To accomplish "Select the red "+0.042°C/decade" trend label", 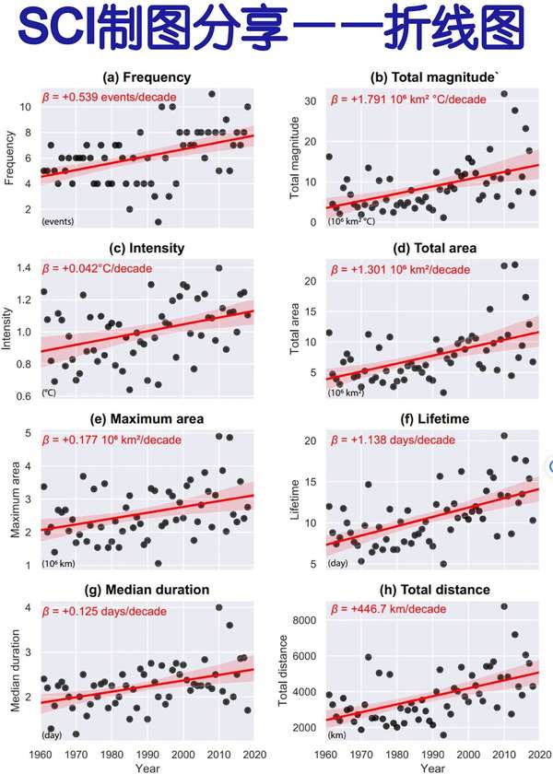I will tap(103, 268).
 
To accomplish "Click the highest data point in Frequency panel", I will tap(212, 94).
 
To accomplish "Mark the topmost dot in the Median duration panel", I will tap(219, 607).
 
